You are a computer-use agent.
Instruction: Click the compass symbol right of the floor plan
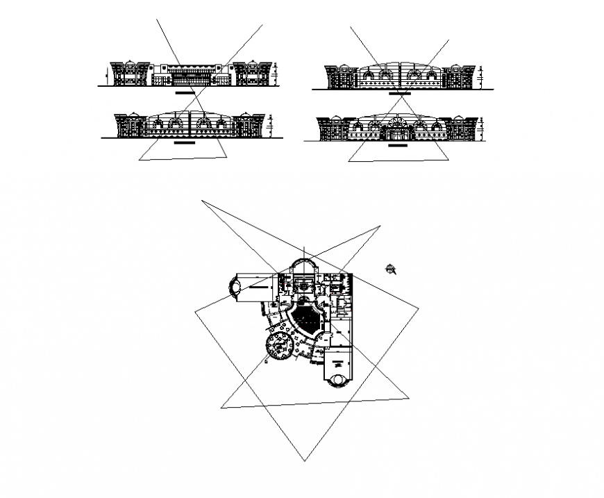[x=392, y=269]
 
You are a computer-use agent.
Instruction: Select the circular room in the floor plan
[x=280, y=345]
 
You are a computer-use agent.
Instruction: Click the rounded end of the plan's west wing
[x=236, y=286]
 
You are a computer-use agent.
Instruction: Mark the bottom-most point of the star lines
[x=303, y=460]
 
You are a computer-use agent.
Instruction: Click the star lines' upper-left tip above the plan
[x=202, y=201]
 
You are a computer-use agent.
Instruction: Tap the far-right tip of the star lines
[x=419, y=308]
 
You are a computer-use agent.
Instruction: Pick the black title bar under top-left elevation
[x=185, y=92]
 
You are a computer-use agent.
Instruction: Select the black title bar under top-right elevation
[x=399, y=92]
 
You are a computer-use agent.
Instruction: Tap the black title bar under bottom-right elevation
[x=398, y=146]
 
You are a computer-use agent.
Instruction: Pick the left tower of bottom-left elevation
[x=131, y=126]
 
